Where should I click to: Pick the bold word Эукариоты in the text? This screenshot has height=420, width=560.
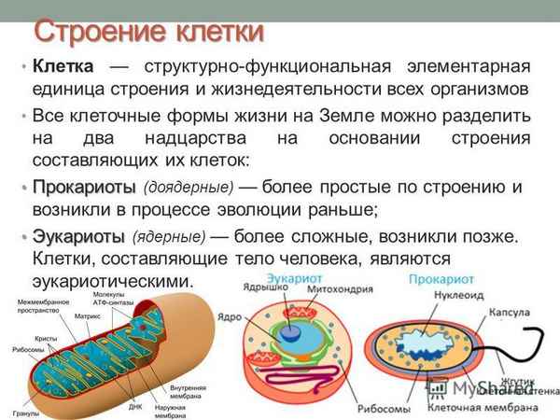pyautogui.click(x=78, y=235)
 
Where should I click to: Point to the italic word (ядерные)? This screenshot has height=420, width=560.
pyautogui.click(x=169, y=237)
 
